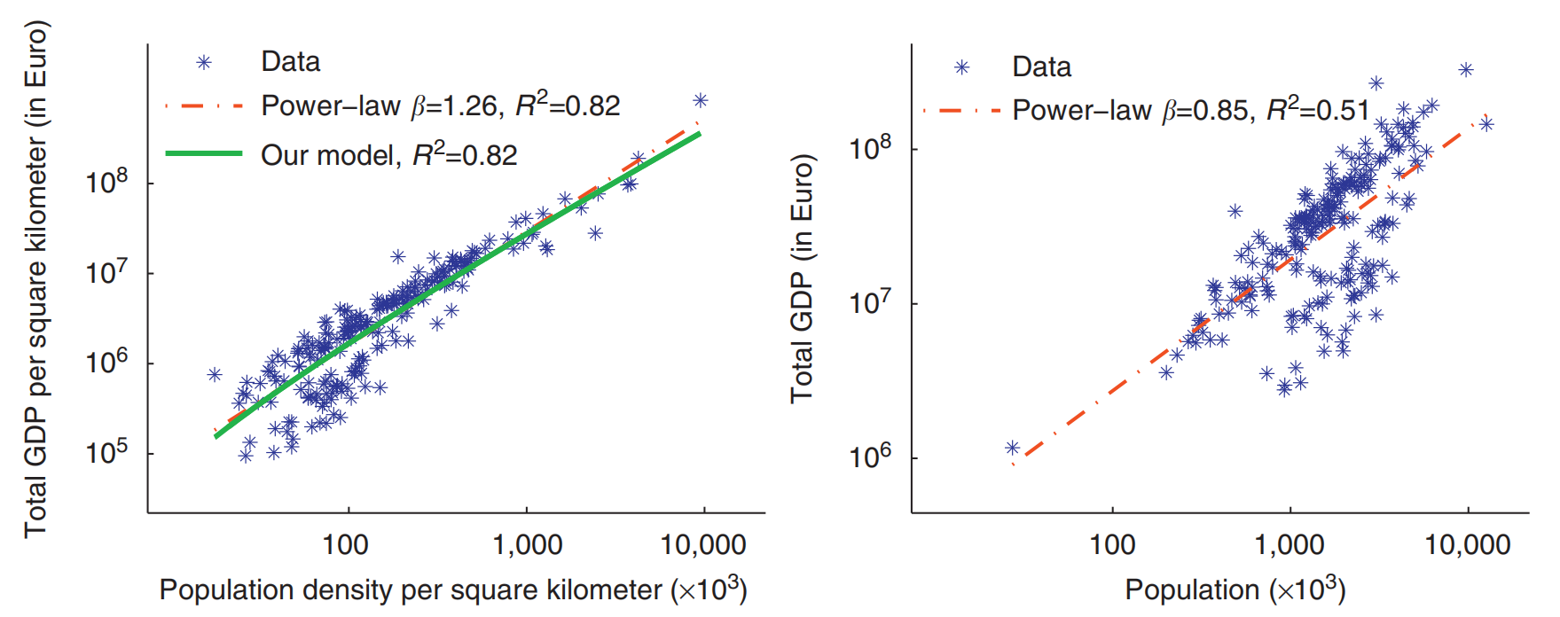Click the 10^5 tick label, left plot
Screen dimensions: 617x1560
(106, 452)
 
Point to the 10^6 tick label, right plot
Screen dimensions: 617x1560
(870, 457)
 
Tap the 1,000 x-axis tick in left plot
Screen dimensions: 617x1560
(527, 544)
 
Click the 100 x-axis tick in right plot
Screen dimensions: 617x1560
(1112, 544)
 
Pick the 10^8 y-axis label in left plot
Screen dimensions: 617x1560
(106, 182)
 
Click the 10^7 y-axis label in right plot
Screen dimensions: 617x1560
(870, 302)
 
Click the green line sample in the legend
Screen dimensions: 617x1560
(204, 153)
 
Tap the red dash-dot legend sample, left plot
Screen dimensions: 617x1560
(204, 106)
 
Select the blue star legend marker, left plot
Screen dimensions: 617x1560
(204, 62)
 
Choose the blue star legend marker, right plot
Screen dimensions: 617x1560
(961, 67)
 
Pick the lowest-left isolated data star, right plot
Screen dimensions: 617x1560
(1012, 448)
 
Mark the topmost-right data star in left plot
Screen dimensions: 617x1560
(700, 100)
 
